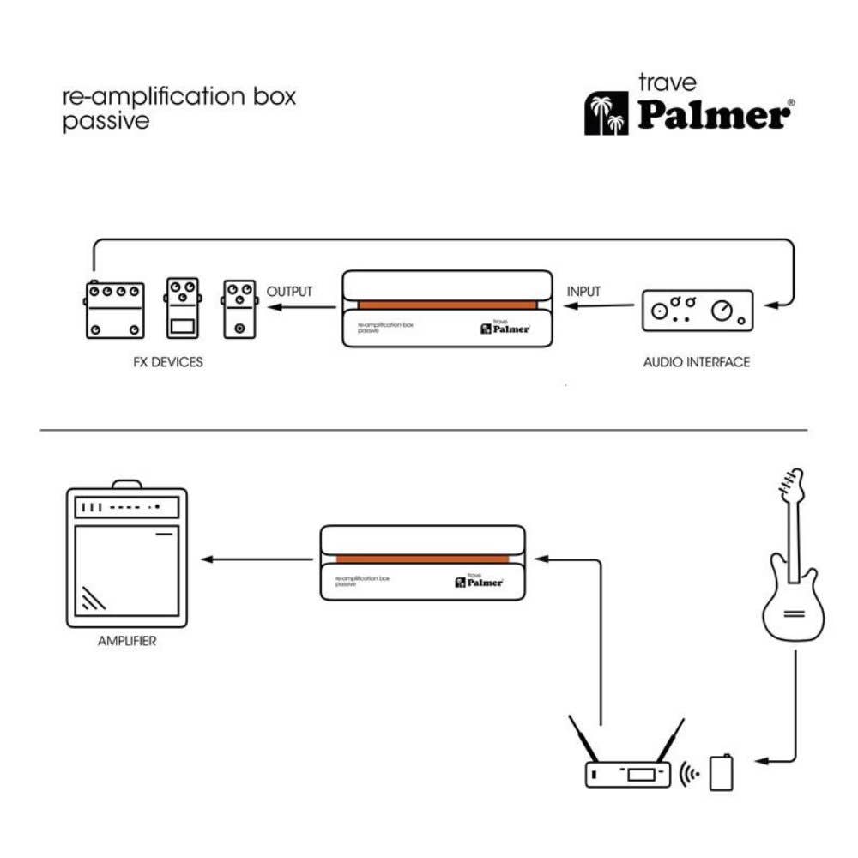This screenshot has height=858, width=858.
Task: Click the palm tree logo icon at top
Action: [607, 114]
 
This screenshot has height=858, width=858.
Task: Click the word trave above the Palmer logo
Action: [668, 83]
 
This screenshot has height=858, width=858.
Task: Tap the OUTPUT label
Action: [290, 292]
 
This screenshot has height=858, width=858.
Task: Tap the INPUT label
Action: [584, 292]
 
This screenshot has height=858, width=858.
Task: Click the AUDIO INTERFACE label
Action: [696, 362]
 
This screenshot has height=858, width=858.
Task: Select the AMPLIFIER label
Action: [127, 640]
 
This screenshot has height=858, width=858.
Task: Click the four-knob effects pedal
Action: [114, 309]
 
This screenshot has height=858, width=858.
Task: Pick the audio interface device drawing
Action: [698, 310]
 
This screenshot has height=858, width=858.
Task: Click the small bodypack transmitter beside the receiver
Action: [722, 771]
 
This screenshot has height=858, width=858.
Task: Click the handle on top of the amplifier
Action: [126, 484]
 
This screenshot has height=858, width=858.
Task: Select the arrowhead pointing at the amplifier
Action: [206, 560]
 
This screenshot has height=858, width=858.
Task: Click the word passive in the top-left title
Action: [106, 121]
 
